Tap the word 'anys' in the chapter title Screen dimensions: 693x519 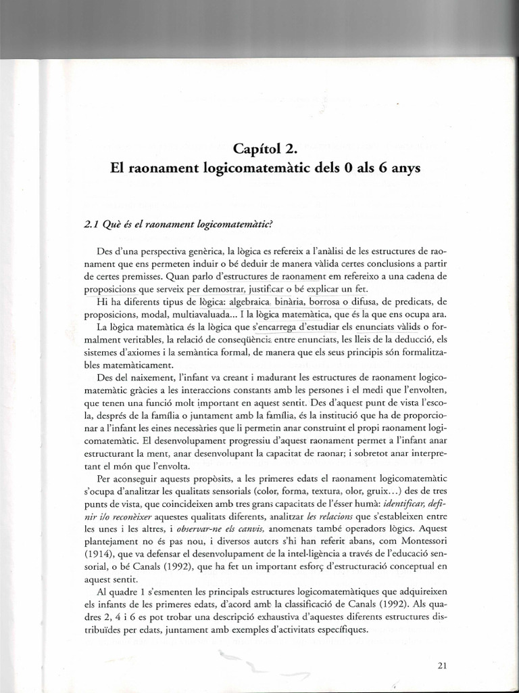click(x=404, y=169)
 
